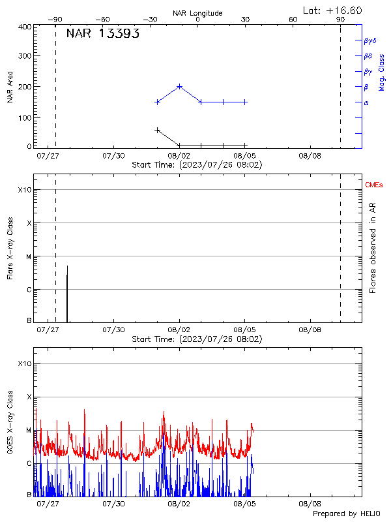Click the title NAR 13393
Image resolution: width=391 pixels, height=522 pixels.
pyautogui.click(x=102, y=34)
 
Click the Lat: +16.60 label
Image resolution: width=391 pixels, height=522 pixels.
pyautogui.click(x=332, y=10)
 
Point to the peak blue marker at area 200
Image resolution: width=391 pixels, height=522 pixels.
pyautogui.click(x=179, y=86)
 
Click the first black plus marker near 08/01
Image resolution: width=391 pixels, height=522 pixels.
pyautogui.click(x=157, y=130)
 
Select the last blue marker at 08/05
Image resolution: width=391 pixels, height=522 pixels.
pyautogui.click(x=245, y=102)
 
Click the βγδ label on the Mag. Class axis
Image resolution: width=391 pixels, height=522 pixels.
pyautogui.click(x=370, y=40)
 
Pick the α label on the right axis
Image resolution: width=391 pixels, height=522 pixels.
pyautogui.click(x=366, y=102)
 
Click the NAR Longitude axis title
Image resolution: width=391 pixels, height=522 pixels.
pyautogui.click(x=197, y=13)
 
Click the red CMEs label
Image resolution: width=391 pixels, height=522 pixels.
pyautogui.click(x=375, y=186)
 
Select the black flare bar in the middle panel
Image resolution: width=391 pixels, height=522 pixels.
pyautogui.click(x=67, y=294)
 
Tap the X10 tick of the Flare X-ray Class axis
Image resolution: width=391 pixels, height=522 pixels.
pyautogui.click(x=24, y=190)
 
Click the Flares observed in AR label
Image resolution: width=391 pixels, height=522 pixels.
pyautogui.click(x=373, y=247)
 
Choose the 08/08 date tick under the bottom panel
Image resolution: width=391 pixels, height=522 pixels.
pyautogui.click(x=310, y=504)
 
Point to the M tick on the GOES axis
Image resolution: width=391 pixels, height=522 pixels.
pyautogui.click(x=29, y=431)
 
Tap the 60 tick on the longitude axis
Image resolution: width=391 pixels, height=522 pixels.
pyautogui.click(x=293, y=20)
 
